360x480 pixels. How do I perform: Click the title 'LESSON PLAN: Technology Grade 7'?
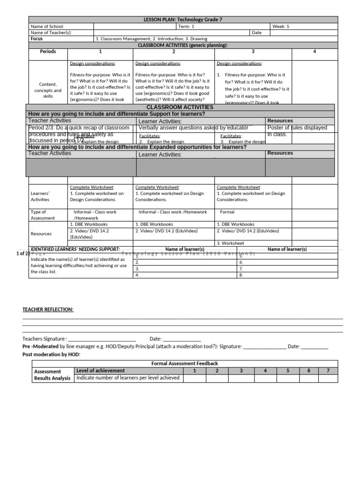pyautogui.click(x=183, y=20)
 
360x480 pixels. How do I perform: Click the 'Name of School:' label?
pyautogui.click(x=47, y=27)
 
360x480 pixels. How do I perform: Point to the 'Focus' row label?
pyautogui.click(x=37, y=39)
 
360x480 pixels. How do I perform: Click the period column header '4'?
pyautogui.click(x=315, y=52)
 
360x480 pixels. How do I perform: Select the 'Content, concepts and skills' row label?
pyautogui.click(x=48, y=90)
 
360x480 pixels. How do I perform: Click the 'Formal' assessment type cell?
pyautogui.click(x=227, y=212)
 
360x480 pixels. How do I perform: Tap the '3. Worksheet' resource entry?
pyautogui.click(x=230, y=243)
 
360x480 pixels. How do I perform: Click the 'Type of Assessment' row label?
pyautogui.click(x=42, y=215)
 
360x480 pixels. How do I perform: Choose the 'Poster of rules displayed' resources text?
pyautogui.click(x=297, y=128)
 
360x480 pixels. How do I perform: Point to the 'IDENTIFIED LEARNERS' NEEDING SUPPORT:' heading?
pyautogui.click(x=75, y=249)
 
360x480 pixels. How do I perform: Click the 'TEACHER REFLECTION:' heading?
pyautogui.click(x=48, y=309)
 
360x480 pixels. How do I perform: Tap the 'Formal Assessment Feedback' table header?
pyautogui.click(x=184, y=363)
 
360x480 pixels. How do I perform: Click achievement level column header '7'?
pyautogui.click(x=328, y=371)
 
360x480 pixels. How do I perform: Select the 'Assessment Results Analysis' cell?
pyautogui.click(x=52, y=375)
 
